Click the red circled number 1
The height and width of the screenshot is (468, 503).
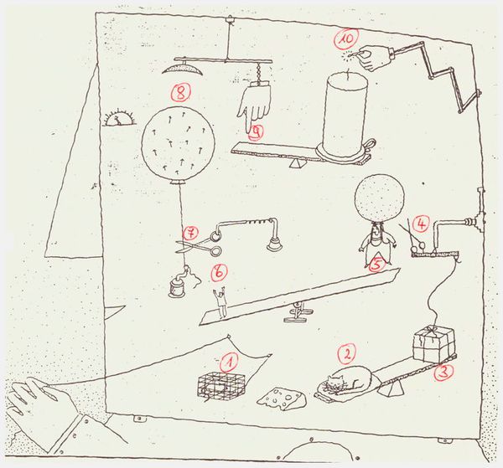tap(228, 363)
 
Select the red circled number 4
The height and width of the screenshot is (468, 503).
tap(421, 224)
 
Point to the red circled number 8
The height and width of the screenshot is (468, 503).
tap(180, 93)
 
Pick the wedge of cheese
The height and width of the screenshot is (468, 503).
tap(282, 399)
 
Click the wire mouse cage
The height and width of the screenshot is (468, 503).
tap(221, 386)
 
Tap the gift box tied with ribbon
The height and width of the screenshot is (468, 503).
tap(434, 344)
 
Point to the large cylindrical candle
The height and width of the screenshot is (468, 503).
tap(346, 117)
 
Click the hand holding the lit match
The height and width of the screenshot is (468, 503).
tap(376, 58)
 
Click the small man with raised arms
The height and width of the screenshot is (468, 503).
tap(220, 302)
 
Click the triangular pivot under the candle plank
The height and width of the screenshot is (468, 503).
tap(297, 163)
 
